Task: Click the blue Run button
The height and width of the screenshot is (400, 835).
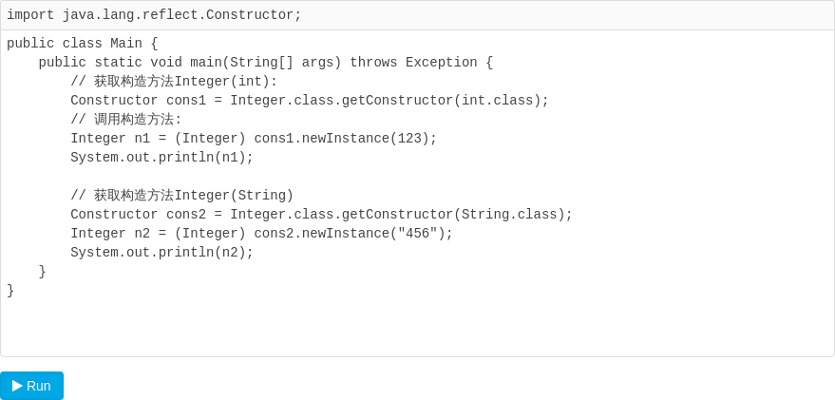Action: (32, 386)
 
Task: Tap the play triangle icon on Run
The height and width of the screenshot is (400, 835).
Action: (17, 386)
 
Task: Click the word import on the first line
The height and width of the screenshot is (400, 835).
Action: (30, 15)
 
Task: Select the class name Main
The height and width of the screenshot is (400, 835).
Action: (126, 44)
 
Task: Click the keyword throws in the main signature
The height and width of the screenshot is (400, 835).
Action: (374, 63)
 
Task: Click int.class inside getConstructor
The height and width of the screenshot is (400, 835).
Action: (498, 101)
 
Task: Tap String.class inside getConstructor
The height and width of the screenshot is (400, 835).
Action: (509, 215)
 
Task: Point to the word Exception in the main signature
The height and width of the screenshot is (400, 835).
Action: (442, 63)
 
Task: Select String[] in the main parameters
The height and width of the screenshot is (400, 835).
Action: (262, 63)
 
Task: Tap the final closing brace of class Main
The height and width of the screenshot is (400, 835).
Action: (10, 291)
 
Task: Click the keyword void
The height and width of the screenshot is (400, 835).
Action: (166, 63)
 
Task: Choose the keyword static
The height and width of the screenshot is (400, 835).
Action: (118, 63)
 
